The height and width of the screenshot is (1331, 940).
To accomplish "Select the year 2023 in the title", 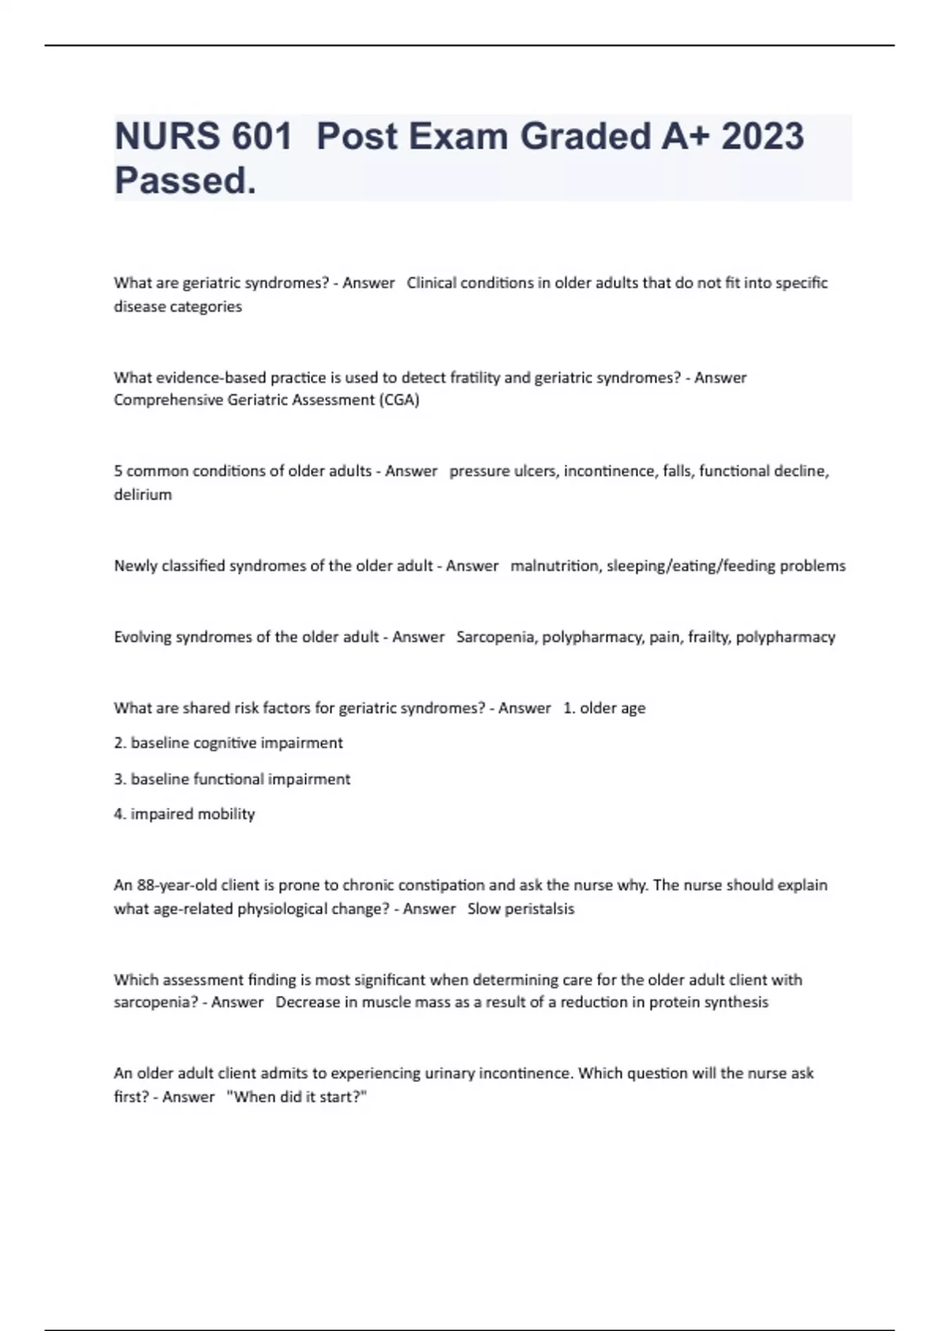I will click(x=762, y=136).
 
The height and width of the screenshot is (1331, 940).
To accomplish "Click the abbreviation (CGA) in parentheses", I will click(x=399, y=400).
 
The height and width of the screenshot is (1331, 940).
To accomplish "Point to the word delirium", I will click(x=143, y=495).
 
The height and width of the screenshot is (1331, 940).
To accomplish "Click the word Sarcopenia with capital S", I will click(x=495, y=637).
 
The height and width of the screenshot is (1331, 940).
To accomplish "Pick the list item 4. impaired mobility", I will click(x=185, y=814).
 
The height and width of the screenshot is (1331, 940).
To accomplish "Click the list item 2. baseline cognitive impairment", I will click(x=228, y=743).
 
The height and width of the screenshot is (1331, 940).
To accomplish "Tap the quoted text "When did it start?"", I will click(x=296, y=1097).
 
